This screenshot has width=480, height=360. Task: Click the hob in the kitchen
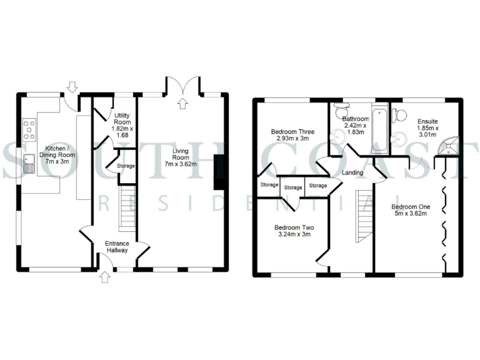[29, 130]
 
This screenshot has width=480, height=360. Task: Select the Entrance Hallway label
[116, 246]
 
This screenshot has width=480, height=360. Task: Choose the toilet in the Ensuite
[397, 115]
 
